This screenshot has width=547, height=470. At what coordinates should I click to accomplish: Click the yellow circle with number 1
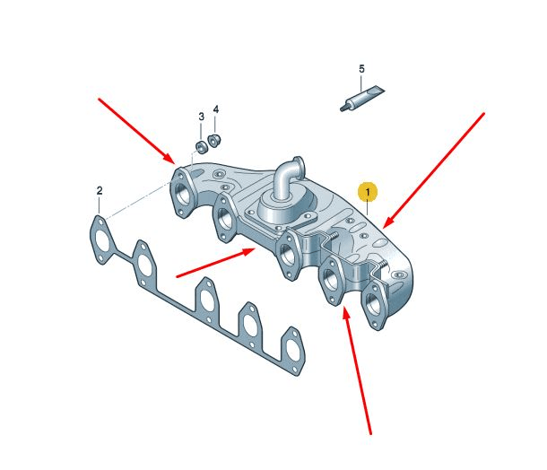pos(367,192)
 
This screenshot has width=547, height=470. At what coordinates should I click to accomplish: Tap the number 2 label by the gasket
pos(100,191)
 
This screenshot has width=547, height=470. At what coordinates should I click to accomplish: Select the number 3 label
pos(201,117)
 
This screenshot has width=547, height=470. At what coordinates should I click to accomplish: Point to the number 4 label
pos(216,109)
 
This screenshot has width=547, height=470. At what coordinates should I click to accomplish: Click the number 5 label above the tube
pos(361,69)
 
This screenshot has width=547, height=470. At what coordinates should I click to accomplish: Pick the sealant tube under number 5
pos(361,99)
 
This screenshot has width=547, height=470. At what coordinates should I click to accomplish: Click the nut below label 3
pos(202,147)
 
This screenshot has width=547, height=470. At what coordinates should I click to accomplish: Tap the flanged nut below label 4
pos(213,140)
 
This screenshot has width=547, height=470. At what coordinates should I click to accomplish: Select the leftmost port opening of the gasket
pos(102,239)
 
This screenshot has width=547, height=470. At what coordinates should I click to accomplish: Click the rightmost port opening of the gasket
pos(292,350)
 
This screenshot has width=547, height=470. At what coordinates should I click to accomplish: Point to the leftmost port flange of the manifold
pos(182,192)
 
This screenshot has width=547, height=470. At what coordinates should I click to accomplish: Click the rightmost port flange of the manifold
pos(374,305)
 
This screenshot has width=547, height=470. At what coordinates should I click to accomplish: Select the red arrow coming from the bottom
pos(358,370)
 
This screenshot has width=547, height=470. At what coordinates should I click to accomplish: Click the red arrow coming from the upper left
pos(136,131)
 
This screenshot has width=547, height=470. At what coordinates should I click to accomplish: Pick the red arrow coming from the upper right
pos(434,170)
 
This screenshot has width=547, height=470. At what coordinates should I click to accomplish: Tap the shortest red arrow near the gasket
pos(216,263)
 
